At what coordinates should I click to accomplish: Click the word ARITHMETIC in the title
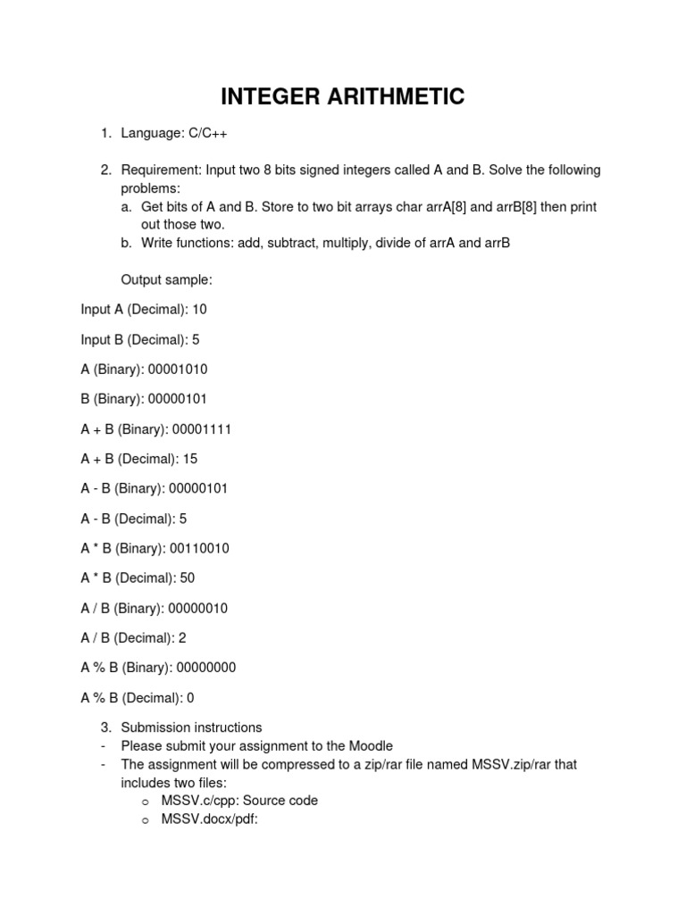tap(390, 96)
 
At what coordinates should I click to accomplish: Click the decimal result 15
tap(189, 459)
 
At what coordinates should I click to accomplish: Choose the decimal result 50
tap(187, 577)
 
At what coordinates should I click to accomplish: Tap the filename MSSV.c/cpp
tap(197, 801)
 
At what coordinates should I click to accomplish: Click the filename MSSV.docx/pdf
tap(209, 818)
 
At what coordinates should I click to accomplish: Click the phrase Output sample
tap(166, 279)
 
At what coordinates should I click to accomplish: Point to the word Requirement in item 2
tap(161, 170)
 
